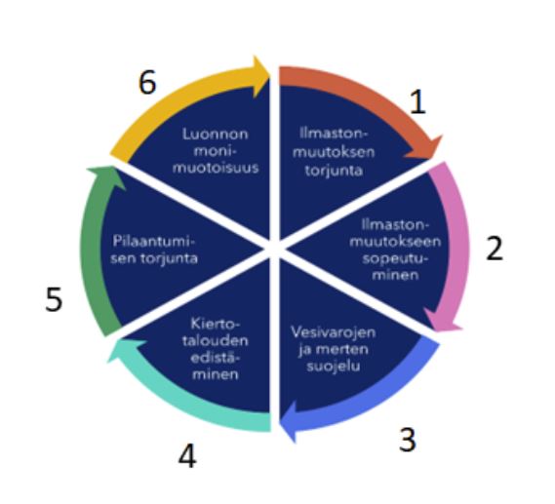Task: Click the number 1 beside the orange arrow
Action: coord(417,102)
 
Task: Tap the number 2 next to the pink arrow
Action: coord(495,249)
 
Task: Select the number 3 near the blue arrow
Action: coord(408,440)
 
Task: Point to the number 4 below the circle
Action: coord(187,456)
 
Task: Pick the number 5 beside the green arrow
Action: coord(54,299)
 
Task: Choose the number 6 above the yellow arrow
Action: coord(147,82)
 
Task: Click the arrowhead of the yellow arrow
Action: coord(261,76)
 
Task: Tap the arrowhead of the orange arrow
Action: coord(424,148)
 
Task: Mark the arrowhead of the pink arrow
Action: coord(443,320)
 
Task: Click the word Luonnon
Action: coord(216,135)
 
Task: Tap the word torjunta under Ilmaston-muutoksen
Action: coord(334,171)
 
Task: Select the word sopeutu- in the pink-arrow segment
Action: coord(395,258)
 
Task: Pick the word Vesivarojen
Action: coord(333,332)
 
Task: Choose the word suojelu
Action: coord(334,366)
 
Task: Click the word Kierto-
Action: coord(215,324)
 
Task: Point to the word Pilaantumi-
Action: coord(154,242)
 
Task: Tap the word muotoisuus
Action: coord(216,168)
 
